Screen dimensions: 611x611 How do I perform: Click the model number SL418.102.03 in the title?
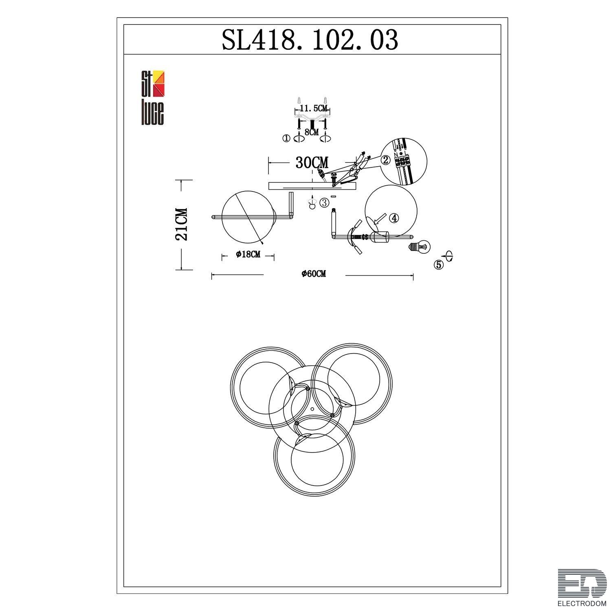310,40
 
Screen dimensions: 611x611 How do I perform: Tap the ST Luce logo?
152,98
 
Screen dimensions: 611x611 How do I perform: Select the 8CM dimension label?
312,132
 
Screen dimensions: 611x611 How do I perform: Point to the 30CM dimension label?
311,163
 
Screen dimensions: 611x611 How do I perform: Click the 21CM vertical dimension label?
182,224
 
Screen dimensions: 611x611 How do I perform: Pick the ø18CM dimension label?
248,255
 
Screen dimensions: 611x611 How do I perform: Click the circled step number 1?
286,138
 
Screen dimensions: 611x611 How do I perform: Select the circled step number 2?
385,160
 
